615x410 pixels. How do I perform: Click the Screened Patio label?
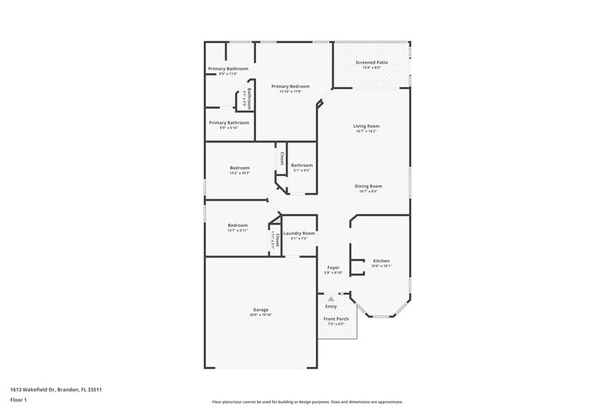pos(372,62)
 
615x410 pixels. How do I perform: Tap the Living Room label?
pos(367,126)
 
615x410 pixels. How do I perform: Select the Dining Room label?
pos(367,185)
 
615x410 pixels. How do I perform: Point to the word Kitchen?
pos(381,261)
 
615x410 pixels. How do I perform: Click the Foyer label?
pos(333,267)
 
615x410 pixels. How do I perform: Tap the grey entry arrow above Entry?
pos(331,298)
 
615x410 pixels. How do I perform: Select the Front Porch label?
pos(335,318)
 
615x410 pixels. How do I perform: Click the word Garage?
pos(261,309)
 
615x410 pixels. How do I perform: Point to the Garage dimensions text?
pos(261,315)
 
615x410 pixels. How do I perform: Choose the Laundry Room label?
pos(299,233)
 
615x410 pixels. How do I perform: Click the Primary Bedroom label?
pos(291,86)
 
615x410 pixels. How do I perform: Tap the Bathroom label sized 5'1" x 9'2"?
pos(301,165)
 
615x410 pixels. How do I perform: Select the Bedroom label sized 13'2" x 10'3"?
pos(240,168)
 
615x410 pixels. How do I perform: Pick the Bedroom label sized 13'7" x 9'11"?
pos(238,225)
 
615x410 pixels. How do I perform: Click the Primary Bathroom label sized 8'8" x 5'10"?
pos(229,122)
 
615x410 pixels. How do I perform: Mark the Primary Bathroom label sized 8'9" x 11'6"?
pos(228,68)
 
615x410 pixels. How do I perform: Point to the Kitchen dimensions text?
pos(381,266)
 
